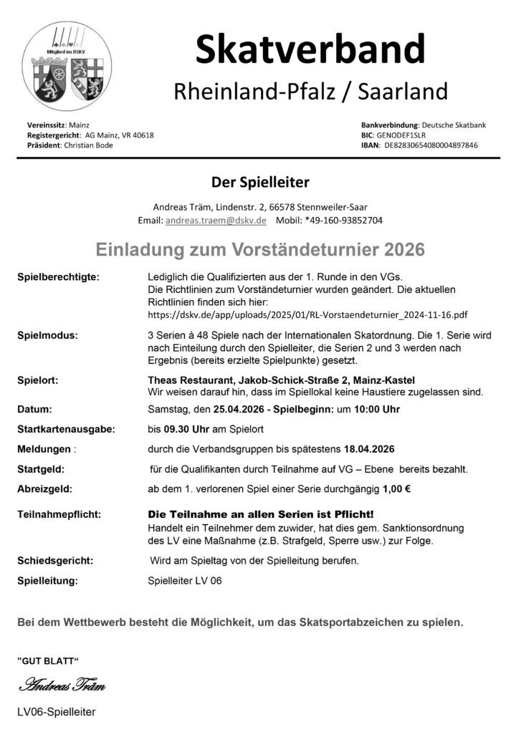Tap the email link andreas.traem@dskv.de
[x=216, y=221]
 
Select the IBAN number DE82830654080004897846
[x=431, y=145]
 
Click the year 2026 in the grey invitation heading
[x=404, y=249]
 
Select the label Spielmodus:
[x=48, y=335]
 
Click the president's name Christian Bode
[x=89, y=145]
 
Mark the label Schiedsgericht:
[x=55, y=560]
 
